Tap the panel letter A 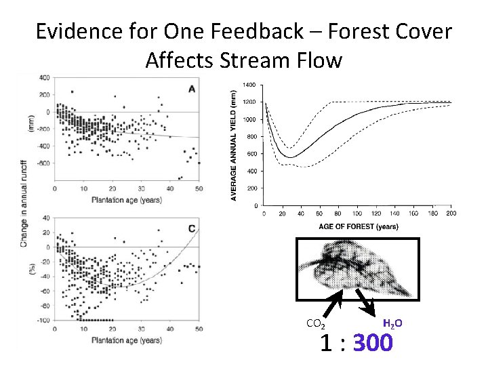point(192,89)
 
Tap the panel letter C point(192,229)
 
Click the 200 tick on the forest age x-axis point(451,213)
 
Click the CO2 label point(315,323)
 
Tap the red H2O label point(393,323)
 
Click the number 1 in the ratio point(326,344)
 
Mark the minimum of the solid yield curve point(290,157)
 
